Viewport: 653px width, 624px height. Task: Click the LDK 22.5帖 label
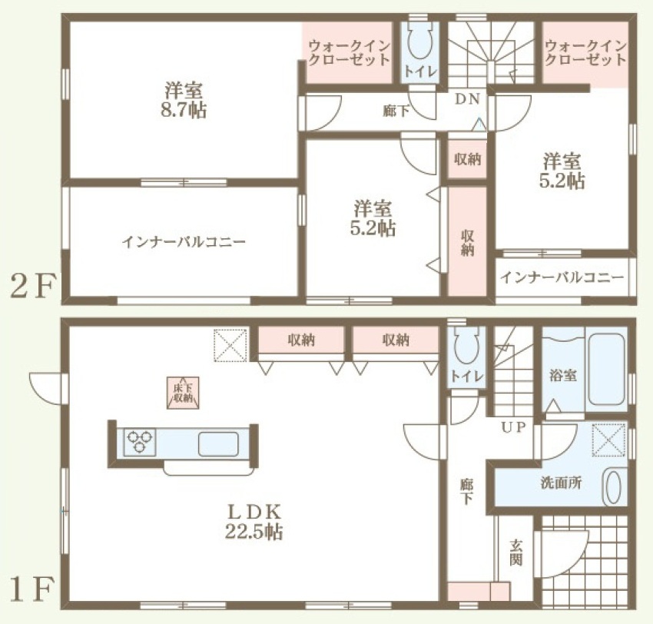click(254, 522)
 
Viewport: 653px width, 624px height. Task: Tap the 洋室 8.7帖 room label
click(184, 101)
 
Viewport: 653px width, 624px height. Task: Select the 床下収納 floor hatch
click(183, 393)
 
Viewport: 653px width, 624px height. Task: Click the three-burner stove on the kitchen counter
click(140, 442)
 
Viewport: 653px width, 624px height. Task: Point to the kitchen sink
click(218, 444)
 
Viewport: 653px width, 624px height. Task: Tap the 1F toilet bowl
click(466, 347)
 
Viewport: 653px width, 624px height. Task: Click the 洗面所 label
click(561, 483)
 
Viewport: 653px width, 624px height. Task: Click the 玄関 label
click(515, 553)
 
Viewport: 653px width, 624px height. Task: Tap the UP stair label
click(513, 427)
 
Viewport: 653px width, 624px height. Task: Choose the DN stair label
click(468, 99)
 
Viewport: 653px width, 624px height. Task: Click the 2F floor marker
click(32, 287)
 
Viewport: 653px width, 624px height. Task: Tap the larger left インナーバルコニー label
click(184, 242)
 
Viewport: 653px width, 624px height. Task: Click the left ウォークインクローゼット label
click(350, 52)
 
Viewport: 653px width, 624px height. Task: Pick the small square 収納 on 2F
click(467, 159)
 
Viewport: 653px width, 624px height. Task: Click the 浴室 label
click(562, 375)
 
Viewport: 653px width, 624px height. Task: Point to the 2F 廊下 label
click(396, 111)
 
